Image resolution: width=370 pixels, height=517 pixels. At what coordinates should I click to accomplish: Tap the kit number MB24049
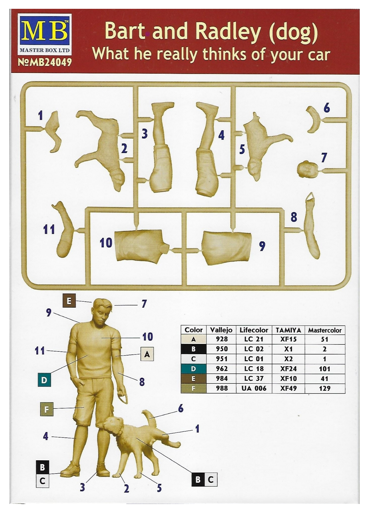tap(44, 62)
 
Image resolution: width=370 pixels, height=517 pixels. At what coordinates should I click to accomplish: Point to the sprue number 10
tap(106, 242)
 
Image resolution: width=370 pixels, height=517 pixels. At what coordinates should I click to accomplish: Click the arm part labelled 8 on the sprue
tap(311, 226)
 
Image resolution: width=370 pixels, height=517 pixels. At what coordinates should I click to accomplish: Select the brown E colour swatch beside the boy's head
tap(69, 301)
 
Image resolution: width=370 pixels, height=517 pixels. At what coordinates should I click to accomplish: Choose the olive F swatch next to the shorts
tap(47, 409)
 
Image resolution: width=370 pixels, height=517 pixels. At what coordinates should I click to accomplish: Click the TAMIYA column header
tap(288, 330)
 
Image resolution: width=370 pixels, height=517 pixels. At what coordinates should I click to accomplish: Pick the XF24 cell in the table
tap(288, 369)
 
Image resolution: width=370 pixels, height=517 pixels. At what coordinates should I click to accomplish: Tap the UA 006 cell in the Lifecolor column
tap(254, 388)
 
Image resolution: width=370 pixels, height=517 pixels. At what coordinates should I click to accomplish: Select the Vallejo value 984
tap(222, 378)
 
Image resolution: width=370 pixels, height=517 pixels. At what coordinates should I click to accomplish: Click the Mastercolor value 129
tap(324, 388)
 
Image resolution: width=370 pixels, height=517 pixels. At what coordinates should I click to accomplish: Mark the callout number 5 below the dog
tap(159, 488)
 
